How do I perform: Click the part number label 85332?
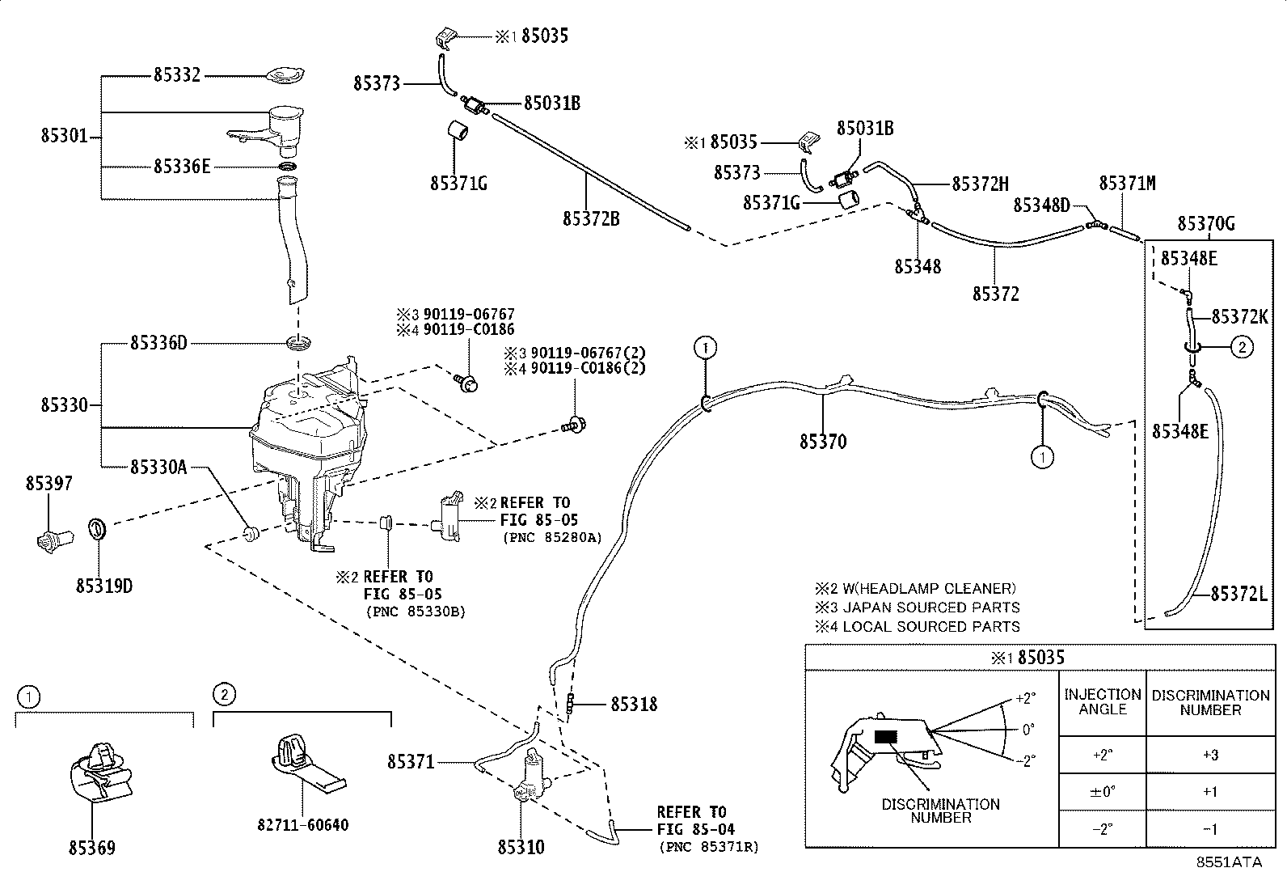tap(177, 75)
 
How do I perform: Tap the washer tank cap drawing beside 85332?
tap(285, 75)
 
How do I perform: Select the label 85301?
tap(65, 136)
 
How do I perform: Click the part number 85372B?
tap(591, 219)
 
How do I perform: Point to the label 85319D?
tap(104, 586)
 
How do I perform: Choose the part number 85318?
tap(635, 704)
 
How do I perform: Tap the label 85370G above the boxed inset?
tap(1206, 223)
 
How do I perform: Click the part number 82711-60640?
tap(303, 825)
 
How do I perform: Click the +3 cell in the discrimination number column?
tap(1210, 755)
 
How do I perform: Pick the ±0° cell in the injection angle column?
tap(1102, 792)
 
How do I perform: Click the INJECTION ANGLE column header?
tap(1103, 701)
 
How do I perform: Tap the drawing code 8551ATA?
tap(1229, 862)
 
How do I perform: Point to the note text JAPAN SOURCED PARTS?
tap(930, 607)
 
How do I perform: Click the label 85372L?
tap(1239, 594)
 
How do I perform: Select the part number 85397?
tap(49, 484)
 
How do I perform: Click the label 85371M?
tap(1127, 184)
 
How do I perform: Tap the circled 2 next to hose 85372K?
tap(1243, 347)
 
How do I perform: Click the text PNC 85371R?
tap(710, 847)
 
